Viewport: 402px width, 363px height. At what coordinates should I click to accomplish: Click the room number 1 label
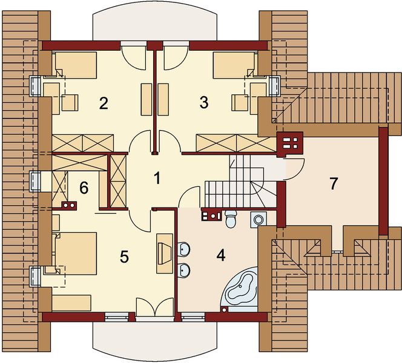click(157, 178)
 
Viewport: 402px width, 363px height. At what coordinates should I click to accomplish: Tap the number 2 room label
click(104, 103)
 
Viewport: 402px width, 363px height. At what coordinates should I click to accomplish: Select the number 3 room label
click(204, 103)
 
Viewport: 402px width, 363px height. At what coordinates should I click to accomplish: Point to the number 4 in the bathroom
click(220, 255)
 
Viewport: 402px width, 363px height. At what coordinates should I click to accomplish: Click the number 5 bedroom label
click(124, 257)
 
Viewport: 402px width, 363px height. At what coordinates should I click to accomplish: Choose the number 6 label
click(84, 188)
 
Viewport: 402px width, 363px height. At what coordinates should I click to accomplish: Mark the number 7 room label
click(332, 183)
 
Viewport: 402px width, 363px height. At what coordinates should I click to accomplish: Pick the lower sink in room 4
click(185, 270)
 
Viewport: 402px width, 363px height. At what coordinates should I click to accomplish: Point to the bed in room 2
click(75, 65)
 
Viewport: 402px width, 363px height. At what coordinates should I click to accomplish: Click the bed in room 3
click(235, 65)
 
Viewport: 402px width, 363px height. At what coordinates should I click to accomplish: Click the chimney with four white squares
click(290, 143)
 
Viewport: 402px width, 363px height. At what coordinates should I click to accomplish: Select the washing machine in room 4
click(260, 219)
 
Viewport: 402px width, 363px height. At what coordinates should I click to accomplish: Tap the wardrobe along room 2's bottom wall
click(81, 144)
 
